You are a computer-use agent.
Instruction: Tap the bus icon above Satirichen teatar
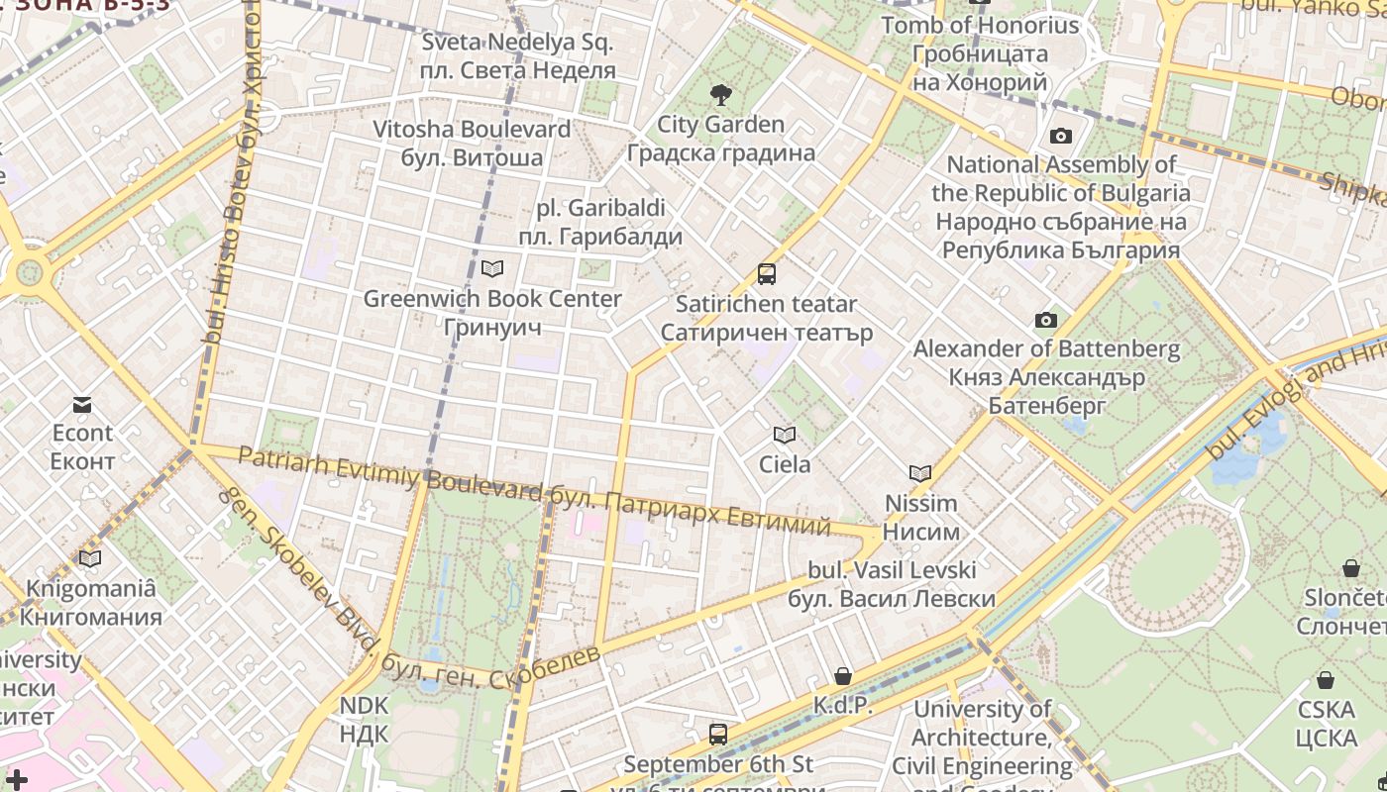(766, 274)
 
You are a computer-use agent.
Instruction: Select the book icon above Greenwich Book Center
(492, 268)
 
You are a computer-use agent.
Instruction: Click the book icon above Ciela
(785, 435)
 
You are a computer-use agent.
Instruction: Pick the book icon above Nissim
(920, 473)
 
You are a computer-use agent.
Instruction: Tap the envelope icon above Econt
(82, 404)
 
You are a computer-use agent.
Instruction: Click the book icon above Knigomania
(90, 558)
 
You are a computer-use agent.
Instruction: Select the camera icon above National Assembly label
(1061, 136)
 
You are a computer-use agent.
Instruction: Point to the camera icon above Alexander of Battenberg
(1046, 320)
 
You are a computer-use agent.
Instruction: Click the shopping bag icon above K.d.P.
(843, 676)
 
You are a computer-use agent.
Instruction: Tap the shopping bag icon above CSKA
(1326, 680)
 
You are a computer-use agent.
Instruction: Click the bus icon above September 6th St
(718, 735)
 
